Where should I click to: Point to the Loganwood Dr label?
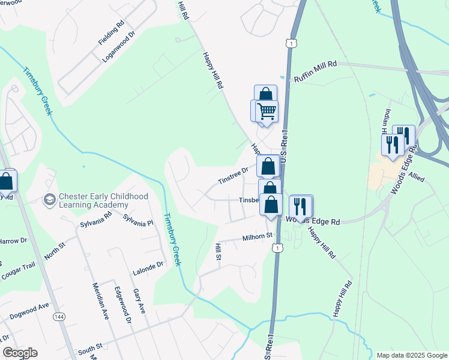(x=120, y=46)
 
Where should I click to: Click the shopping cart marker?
(x=267, y=111)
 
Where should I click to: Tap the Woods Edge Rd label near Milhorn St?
(x=313, y=221)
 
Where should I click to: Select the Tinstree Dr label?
(x=233, y=176)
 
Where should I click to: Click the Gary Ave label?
(x=139, y=300)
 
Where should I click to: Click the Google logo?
(x=20, y=353)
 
